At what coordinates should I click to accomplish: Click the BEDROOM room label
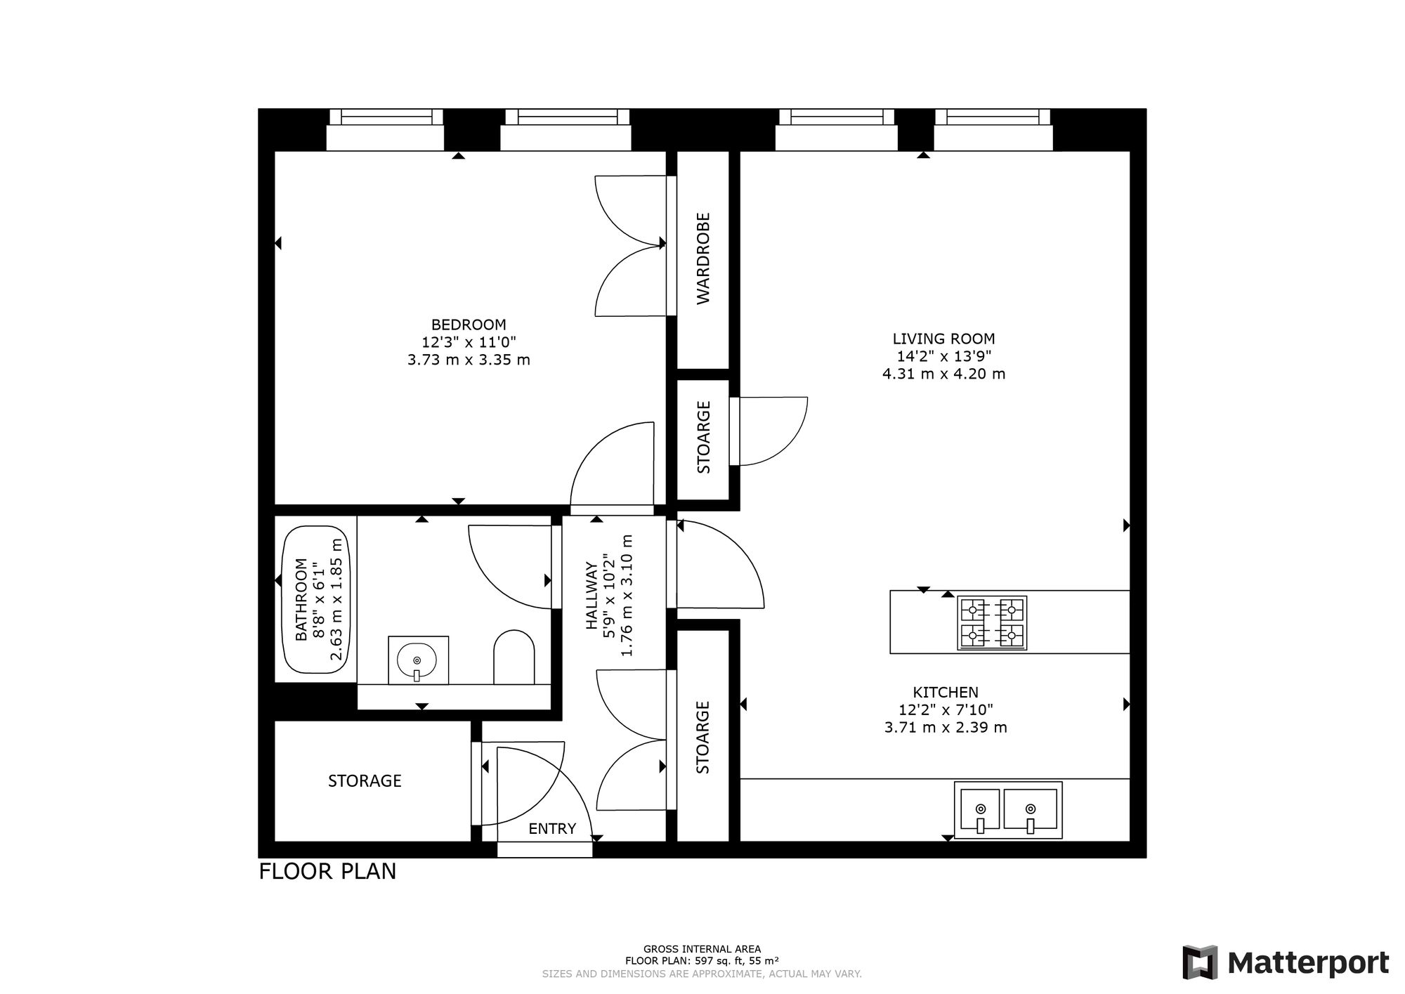click(469, 325)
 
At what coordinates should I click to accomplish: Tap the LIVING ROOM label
click(943, 339)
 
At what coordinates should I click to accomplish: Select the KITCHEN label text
click(946, 692)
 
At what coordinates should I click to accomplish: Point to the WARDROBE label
click(703, 259)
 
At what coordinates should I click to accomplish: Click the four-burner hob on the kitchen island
click(992, 622)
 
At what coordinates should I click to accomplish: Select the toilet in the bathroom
click(514, 657)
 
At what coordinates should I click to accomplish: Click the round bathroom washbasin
click(417, 660)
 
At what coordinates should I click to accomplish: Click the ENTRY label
click(552, 829)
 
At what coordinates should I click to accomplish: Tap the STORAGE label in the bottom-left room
click(365, 780)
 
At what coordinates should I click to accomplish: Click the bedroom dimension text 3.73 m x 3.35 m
click(469, 360)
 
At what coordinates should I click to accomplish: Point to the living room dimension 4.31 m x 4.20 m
click(943, 374)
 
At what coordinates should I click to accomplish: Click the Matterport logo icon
click(1200, 962)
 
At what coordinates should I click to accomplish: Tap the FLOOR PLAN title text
click(327, 871)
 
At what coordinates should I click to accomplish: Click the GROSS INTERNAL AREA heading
click(702, 949)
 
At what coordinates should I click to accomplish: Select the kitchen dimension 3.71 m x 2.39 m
click(946, 727)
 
